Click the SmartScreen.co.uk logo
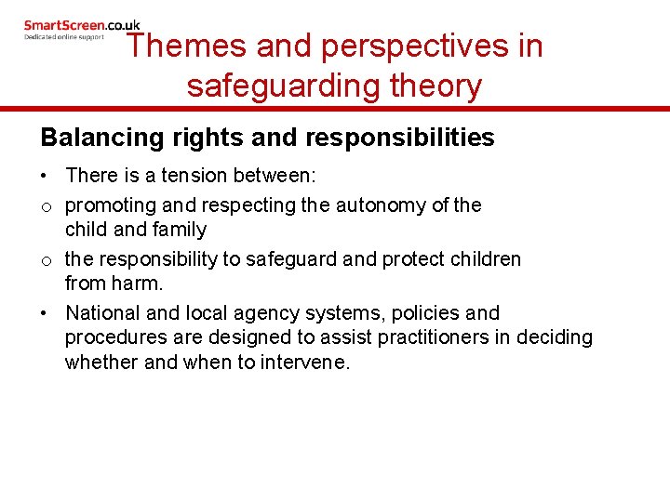coord(82,25)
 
